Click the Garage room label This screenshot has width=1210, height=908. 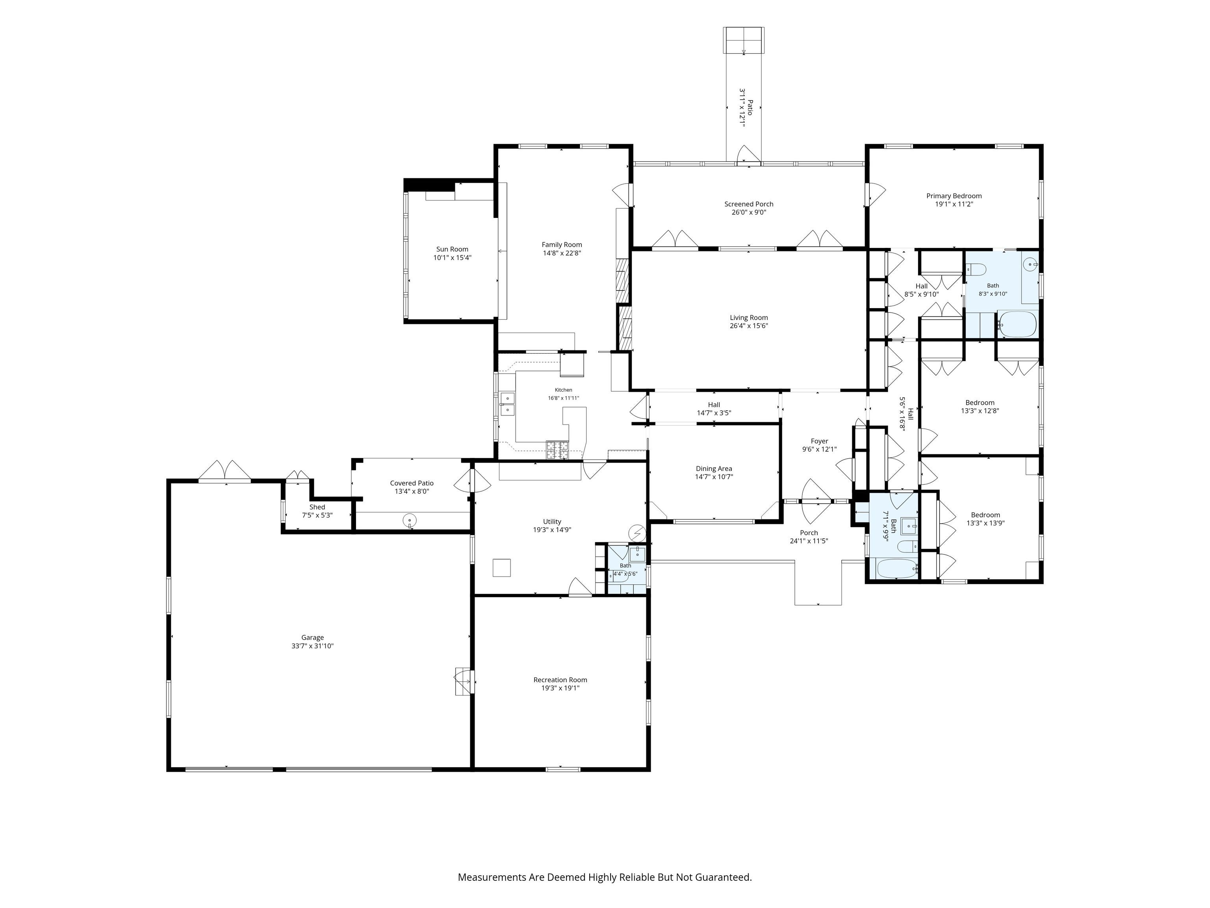[x=312, y=637]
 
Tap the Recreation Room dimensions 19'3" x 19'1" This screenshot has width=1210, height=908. [x=560, y=688]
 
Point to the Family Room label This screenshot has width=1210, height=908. [x=562, y=245]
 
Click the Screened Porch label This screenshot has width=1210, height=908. [x=749, y=204]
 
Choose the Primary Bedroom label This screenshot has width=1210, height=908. [x=954, y=196]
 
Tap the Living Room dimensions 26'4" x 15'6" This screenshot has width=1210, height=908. [x=749, y=326]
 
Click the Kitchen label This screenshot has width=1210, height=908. [x=563, y=390]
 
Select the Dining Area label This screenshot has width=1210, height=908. [x=714, y=469]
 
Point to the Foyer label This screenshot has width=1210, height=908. [x=819, y=441]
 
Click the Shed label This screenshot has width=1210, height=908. [x=317, y=507]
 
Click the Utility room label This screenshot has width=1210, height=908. [x=552, y=522]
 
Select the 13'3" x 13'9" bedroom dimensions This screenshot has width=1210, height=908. [x=985, y=523]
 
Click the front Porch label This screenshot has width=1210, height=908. [x=809, y=532]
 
